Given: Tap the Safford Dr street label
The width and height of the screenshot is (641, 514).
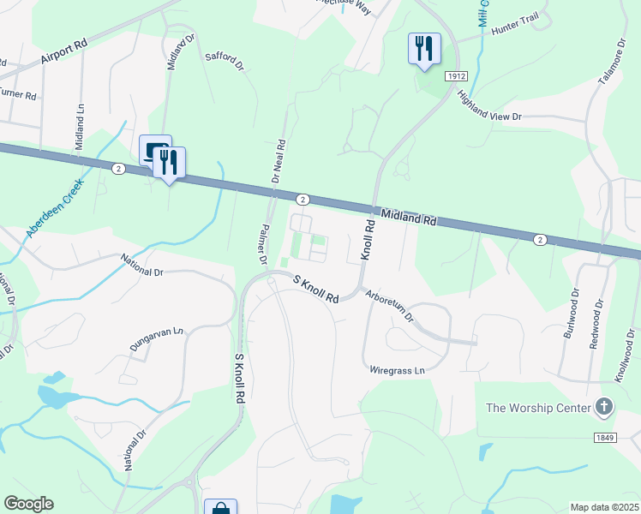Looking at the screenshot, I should pyautogui.click(x=225, y=61).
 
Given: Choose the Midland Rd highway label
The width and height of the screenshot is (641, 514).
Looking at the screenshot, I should pyautogui.click(x=409, y=218).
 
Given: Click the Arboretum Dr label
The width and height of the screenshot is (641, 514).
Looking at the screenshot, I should pyautogui.click(x=390, y=304).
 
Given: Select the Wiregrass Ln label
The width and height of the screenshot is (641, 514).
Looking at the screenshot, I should pyautogui.click(x=397, y=371).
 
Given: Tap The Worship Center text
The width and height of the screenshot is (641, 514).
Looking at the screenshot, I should pyautogui.click(x=538, y=407).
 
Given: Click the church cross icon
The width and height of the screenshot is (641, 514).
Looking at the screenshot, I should pyautogui.click(x=604, y=407).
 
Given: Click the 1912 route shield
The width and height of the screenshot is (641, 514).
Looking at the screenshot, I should pyautogui.click(x=456, y=77).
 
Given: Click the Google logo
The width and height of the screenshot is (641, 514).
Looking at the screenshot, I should pyautogui.click(x=28, y=504).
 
